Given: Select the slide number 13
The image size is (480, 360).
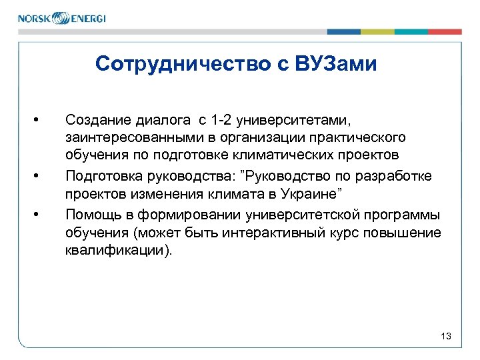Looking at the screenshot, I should (446, 337).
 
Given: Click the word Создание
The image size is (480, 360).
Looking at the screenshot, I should (94, 120).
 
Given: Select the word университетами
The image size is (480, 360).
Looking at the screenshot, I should (291, 120).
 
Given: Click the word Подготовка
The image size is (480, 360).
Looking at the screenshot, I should (99, 176).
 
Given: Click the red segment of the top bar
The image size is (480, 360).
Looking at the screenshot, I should (445, 31).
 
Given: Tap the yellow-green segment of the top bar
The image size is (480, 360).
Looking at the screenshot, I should (377, 31).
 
